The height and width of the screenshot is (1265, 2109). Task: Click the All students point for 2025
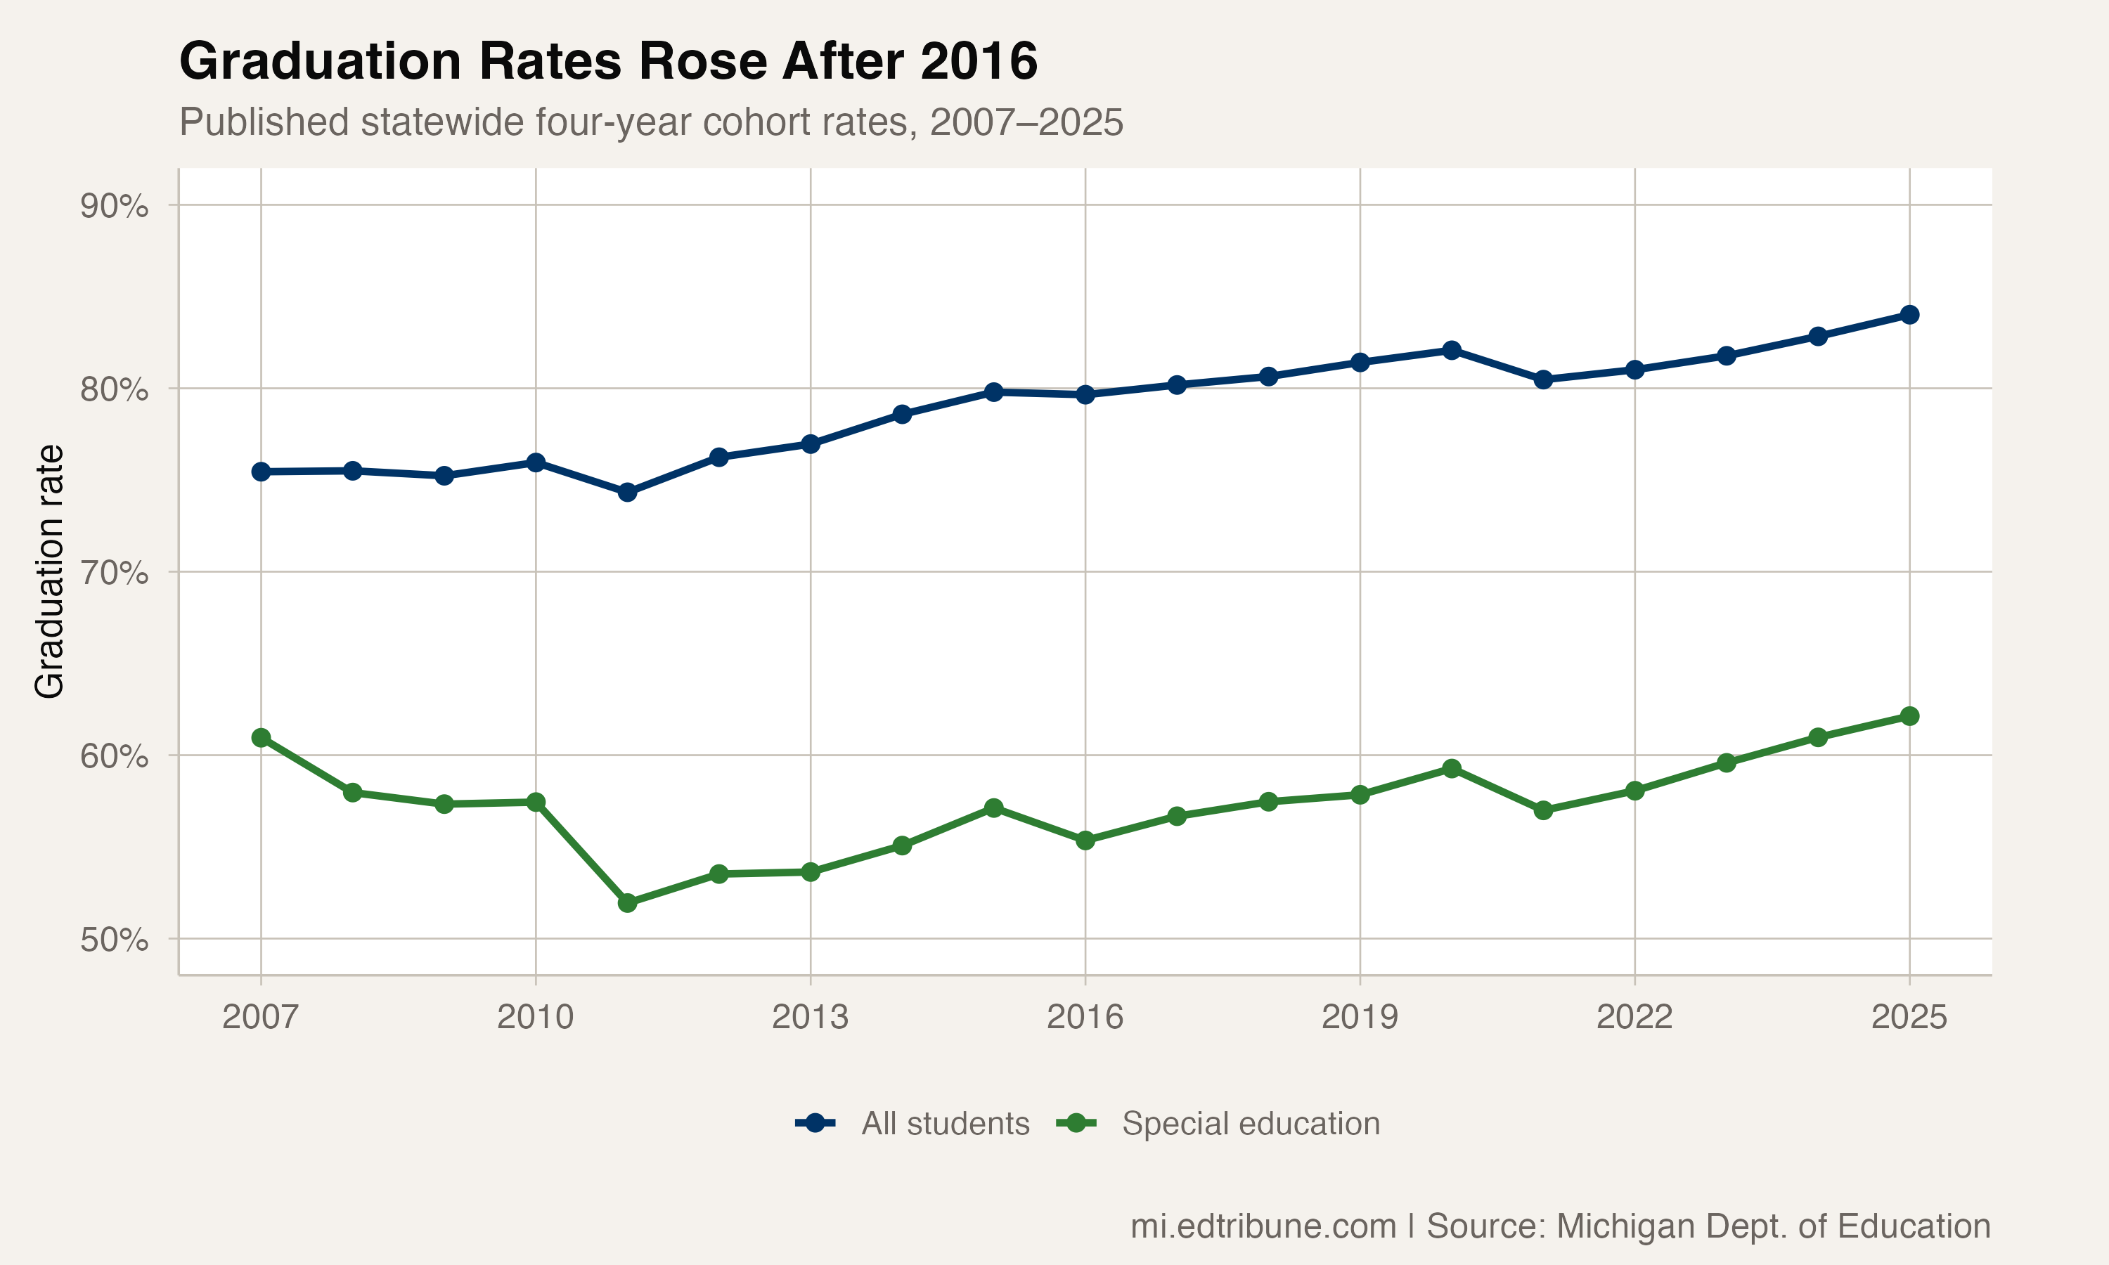pyautogui.click(x=1909, y=315)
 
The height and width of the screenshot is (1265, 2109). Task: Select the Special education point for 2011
pyautogui.click(x=627, y=903)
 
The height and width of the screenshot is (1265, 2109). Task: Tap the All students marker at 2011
pyautogui.click(x=627, y=492)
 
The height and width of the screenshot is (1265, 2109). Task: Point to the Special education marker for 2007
pyautogui.click(x=261, y=737)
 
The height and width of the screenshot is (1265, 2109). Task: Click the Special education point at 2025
pyautogui.click(x=1909, y=716)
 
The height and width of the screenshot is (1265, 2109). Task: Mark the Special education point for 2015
pyautogui.click(x=993, y=807)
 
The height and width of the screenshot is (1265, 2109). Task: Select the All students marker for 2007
pyautogui.click(x=261, y=472)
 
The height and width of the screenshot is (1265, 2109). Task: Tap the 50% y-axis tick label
pyautogui.click(x=114, y=940)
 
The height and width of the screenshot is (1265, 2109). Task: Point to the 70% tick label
pyautogui.click(x=114, y=573)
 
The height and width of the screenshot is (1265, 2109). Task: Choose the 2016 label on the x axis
pyautogui.click(x=1085, y=1017)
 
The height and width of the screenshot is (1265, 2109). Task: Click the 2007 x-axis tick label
pyautogui.click(x=261, y=1017)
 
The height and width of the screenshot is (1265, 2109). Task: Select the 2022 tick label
pyautogui.click(x=1635, y=1017)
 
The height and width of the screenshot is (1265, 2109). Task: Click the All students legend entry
pyautogui.click(x=912, y=1124)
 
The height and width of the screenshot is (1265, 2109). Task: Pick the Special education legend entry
pyautogui.click(x=1218, y=1124)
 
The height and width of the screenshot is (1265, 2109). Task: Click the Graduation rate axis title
pyautogui.click(x=49, y=572)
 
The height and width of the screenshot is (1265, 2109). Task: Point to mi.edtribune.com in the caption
pyautogui.click(x=1263, y=1226)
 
